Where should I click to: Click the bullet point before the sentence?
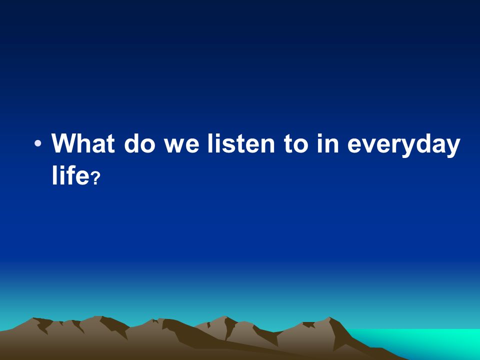click(37, 143)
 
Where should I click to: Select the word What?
click(83, 143)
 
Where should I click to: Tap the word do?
click(139, 143)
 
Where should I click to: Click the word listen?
click(241, 143)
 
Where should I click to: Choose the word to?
click(295, 144)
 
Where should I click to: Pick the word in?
click(327, 143)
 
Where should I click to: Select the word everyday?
click(404, 145)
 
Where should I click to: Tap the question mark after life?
click(96, 178)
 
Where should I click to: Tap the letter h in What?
click(86, 143)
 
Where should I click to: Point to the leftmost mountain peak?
click(33, 318)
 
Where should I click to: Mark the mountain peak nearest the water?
click(329, 317)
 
